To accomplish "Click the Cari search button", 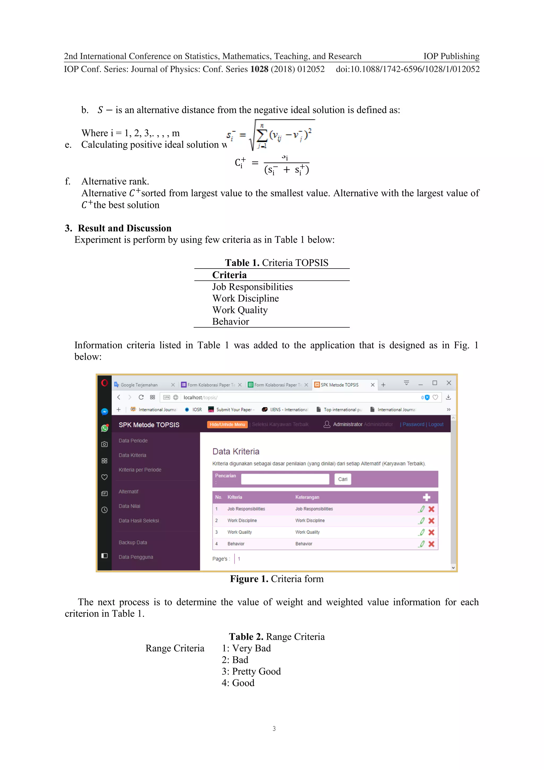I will pyautogui.click(x=342, y=479).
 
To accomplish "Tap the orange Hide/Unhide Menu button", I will pyautogui.click(x=227, y=424).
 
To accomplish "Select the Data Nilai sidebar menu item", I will pyautogui.click(x=129, y=506).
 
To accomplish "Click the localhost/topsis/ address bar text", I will pyautogui.click(x=200, y=397).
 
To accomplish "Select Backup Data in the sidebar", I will pyautogui.click(x=133, y=542).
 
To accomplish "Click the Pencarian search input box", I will pyautogui.click(x=285, y=479).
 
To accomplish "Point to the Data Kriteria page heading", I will pyautogui.click(x=236, y=451).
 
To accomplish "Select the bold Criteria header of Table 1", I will pyautogui.click(x=229, y=275).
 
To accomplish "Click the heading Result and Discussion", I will pyautogui.click(x=124, y=228).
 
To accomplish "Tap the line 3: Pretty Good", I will pyautogui.click(x=251, y=671).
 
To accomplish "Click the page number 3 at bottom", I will pyautogui.click(x=274, y=729).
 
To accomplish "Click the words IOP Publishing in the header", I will pyautogui.click(x=451, y=56).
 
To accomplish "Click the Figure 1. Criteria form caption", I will pyautogui.click(x=277, y=579).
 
